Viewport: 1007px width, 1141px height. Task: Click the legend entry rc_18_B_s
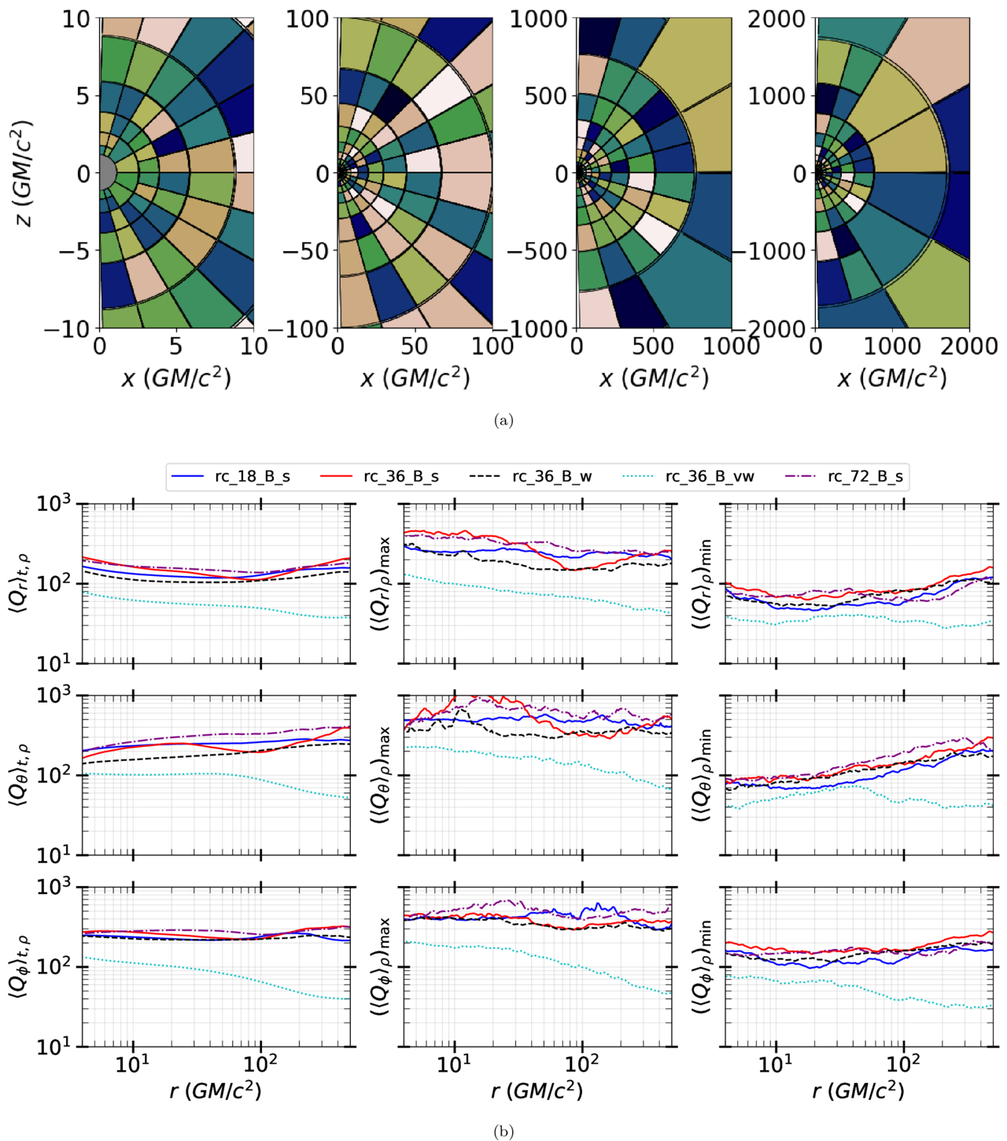click(x=231, y=476)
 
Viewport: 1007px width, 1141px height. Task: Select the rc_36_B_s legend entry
click(x=380, y=476)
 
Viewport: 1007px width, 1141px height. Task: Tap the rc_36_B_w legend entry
click(x=530, y=476)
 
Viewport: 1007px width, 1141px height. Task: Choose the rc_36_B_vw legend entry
click(x=688, y=476)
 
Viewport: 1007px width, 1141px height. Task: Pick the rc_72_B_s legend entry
click(x=843, y=476)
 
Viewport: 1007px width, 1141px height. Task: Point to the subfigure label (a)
click(x=503, y=421)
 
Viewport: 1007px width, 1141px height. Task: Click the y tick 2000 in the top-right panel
click(x=778, y=20)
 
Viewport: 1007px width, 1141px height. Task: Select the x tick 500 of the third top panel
click(x=653, y=346)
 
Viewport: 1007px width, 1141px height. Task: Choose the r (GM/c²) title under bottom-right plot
click(x=858, y=1091)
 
